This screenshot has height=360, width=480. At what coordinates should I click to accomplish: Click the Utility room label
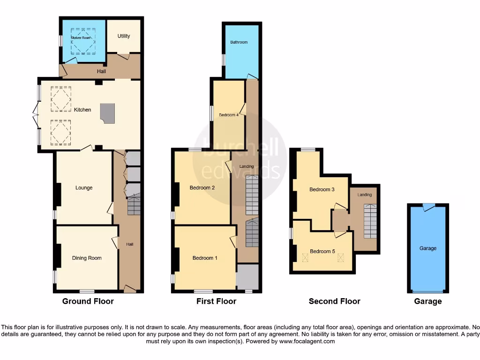124,36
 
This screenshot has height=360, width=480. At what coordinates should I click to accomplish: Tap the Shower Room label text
80,37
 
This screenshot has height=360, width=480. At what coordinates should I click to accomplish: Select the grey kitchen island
107,114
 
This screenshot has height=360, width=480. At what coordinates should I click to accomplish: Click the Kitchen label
82,110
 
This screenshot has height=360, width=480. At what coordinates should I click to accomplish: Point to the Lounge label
84,187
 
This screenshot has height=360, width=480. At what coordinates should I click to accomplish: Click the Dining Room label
87,258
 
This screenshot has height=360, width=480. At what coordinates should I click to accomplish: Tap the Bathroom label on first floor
239,42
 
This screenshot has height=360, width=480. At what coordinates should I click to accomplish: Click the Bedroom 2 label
202,187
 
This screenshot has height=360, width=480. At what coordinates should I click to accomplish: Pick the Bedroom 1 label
205,258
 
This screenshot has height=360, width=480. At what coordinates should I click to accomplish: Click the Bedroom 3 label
322,190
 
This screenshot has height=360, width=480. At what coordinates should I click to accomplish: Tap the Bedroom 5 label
322,251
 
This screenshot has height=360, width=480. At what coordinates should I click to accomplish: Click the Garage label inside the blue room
427,248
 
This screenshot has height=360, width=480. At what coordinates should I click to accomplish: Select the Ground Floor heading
88,301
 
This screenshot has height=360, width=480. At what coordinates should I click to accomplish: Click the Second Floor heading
334,301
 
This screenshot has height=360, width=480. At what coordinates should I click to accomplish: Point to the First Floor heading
216,301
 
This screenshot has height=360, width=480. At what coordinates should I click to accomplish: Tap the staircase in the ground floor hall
134,205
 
